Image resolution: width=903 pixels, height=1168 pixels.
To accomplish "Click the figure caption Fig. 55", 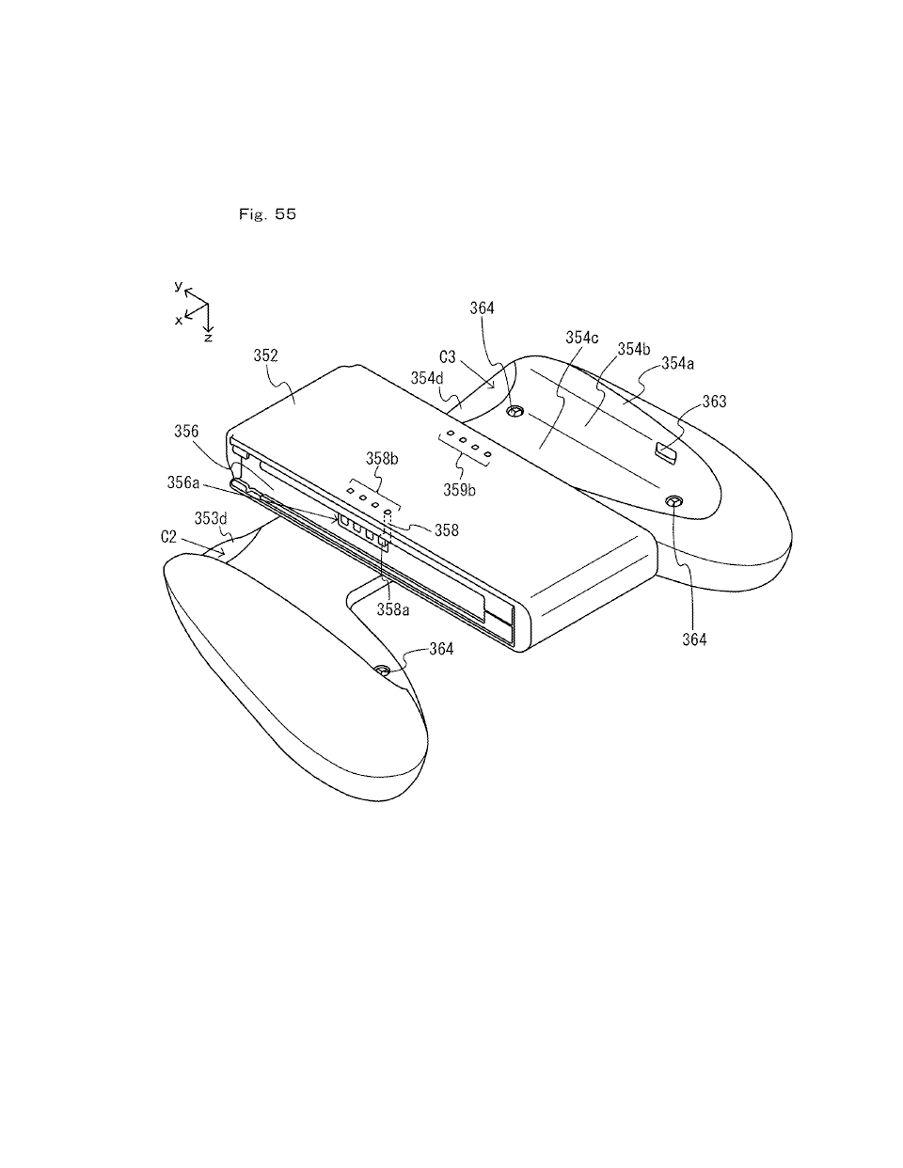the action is (x=268, y=214).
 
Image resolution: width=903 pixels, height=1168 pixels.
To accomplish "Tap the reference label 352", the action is (x=266, y=355).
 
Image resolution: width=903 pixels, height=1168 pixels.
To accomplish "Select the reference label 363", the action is (x=715, y=402).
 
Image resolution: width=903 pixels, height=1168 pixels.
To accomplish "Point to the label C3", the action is (x=448, y=357).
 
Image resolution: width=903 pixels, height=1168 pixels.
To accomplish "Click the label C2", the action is (x=169, y=536).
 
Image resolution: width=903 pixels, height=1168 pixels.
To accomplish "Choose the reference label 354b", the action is (x=634, y=349).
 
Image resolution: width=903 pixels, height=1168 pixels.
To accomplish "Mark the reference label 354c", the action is (x=582, y=337).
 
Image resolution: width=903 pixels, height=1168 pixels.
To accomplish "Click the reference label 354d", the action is (x=427, y=378).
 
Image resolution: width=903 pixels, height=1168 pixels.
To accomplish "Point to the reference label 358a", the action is (x=393, y=609).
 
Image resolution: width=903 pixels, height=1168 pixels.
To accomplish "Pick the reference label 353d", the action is (x=211, y=518).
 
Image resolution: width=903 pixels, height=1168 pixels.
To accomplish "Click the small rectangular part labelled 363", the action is (x=666, y=454).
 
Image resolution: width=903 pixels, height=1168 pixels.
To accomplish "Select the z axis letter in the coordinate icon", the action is (x=208, y=337).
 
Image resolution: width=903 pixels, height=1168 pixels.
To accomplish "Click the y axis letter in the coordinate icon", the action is (x=177, y=285).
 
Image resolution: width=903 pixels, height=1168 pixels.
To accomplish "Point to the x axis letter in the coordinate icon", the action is (x=178, y=320).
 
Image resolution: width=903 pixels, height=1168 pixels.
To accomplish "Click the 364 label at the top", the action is (x=482, y=308).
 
